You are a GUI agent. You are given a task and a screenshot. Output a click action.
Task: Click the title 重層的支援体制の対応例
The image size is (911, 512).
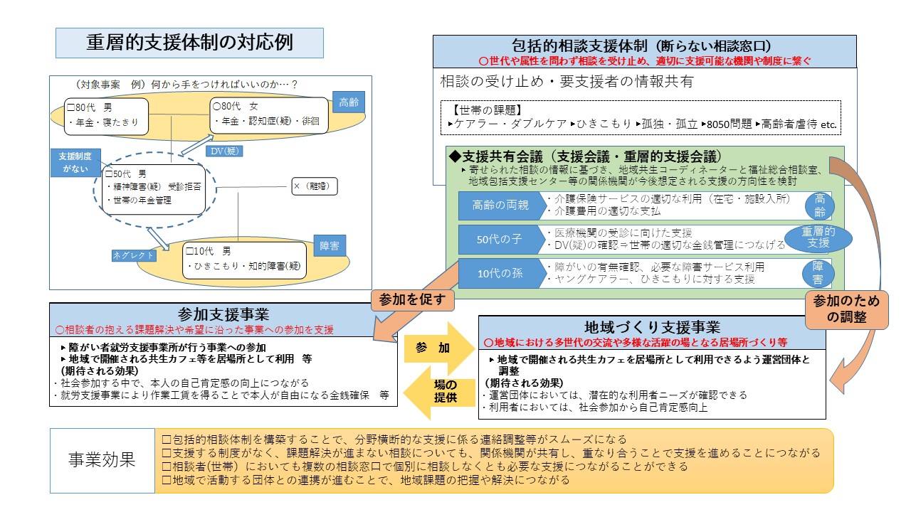189,43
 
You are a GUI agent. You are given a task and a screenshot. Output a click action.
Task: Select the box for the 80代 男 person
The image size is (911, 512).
106,117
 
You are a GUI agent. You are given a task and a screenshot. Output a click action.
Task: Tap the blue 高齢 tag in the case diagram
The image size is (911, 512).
349,101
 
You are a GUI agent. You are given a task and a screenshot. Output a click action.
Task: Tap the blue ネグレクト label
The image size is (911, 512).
133,255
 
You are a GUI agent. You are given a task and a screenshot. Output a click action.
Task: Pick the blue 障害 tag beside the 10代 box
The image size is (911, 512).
329,246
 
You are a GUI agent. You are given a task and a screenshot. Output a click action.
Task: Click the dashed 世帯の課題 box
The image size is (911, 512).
640,117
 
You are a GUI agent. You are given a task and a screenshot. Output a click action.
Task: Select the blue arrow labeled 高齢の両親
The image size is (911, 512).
500,206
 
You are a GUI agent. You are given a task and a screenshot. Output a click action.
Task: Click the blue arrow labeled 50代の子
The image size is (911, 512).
500,240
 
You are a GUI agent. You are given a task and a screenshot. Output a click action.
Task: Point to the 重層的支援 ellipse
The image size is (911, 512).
818,238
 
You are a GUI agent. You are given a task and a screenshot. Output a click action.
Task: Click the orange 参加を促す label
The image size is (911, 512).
412,300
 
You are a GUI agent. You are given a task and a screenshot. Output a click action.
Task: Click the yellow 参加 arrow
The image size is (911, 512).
436,348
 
